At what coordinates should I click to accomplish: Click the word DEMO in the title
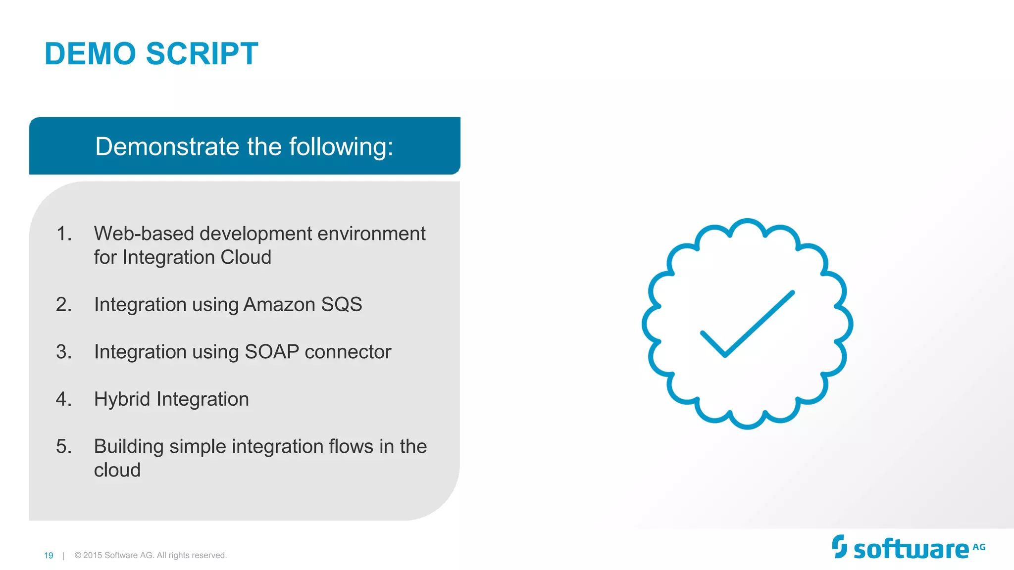[90, 53]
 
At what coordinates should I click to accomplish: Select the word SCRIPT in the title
[202, 53]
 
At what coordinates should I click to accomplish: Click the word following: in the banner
[341, 147]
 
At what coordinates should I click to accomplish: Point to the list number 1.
[64, 234]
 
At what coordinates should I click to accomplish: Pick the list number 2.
[64, 304]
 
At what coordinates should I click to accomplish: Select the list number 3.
[64, 352]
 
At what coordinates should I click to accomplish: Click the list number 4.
[64, 399]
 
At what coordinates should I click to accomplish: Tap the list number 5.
[64, 446]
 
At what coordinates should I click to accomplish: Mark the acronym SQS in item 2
[342, 304]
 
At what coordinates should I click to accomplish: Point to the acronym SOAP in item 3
[272, 352]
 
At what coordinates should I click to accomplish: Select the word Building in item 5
[129, 447]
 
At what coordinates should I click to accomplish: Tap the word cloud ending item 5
[117, 470]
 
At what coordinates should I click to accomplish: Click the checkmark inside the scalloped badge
[747, 324]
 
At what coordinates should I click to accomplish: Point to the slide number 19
[49, 556]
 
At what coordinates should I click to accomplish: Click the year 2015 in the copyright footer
[93, 556]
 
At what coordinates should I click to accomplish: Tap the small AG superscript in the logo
[979, 547]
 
